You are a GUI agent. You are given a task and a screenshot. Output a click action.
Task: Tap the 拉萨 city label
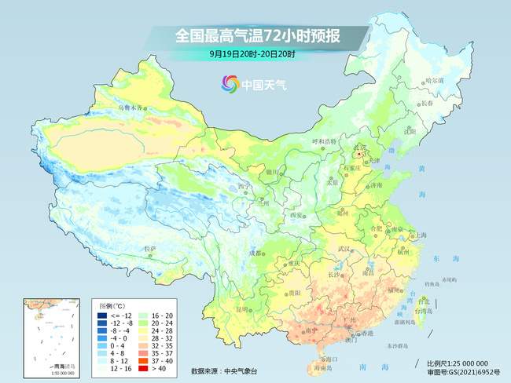149,249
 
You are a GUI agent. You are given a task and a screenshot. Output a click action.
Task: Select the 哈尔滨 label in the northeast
435,81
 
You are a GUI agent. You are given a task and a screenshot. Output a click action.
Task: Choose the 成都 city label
256,253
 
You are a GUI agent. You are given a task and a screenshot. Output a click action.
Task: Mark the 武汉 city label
342,249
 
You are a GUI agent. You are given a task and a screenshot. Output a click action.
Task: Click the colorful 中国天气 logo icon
229,83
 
